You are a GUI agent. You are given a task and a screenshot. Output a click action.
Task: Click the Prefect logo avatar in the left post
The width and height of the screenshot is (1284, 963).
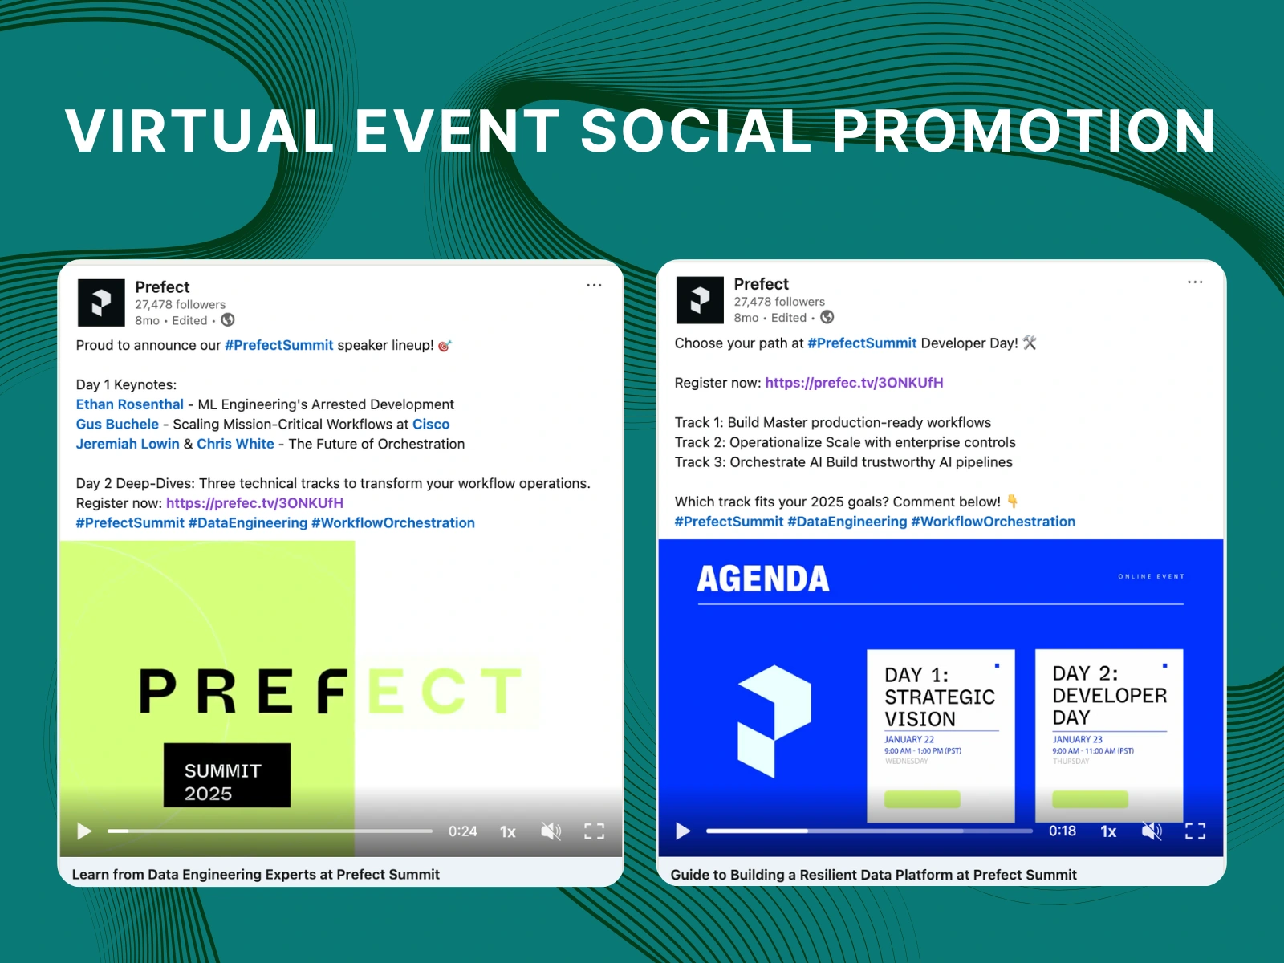click(101, 303)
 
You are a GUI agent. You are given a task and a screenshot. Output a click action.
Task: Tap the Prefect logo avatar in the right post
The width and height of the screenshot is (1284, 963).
click(700, 300)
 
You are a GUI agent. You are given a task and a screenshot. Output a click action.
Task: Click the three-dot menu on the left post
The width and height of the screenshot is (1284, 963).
click(594, 285)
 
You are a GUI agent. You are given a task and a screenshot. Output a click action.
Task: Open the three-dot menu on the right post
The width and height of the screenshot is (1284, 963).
click(1195, 282)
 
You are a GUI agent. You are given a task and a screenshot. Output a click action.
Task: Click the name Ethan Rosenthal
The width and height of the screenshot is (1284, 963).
click(130, 404)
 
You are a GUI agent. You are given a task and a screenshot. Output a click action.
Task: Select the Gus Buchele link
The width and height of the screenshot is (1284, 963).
click(117, 425)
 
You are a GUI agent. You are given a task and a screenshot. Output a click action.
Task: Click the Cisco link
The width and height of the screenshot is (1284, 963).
click(431, 425)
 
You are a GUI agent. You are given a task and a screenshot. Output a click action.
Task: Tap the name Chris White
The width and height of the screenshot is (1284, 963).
click(235, 444)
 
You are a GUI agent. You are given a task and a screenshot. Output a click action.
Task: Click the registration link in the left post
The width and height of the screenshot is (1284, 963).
click(254, 503)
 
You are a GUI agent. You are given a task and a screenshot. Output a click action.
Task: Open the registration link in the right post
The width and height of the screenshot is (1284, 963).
click(854, 383)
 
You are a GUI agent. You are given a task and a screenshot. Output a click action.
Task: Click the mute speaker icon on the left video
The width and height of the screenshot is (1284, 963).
click(551, 831)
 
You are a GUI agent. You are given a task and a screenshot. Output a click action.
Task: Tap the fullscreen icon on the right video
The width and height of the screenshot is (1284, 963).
click(1195, 831)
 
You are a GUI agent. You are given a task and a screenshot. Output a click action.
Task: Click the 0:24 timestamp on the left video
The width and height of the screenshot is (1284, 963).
click(462, 831)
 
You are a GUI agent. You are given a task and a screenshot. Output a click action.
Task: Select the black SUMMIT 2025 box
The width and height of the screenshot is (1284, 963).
click(227, 775)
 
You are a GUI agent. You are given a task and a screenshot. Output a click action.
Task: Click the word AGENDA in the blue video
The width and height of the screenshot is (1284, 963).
click(762, 579)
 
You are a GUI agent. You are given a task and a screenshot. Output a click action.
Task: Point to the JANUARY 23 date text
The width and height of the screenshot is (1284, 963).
click(1077, 740)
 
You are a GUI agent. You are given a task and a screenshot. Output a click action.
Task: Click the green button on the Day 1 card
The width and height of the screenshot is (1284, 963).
click(922, 799)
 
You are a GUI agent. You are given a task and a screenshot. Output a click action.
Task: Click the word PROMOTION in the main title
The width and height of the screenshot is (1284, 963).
click(1024, 131)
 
